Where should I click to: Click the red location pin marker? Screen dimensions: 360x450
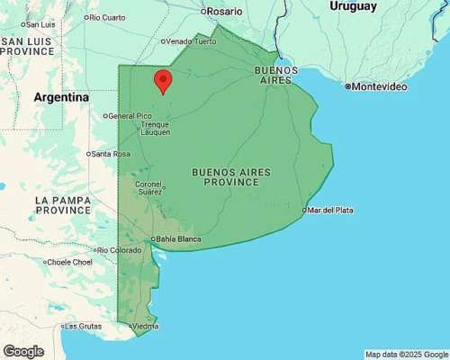[x=163, y=80]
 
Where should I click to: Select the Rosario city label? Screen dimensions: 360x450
[x=224, y=12]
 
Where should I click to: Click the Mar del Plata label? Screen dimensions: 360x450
[x=330, y=210]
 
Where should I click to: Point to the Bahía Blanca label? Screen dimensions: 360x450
[x=177, y=238]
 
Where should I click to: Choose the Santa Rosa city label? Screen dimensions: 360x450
[x=111, y=154]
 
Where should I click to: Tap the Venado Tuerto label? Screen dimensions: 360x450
[x=191, y=40]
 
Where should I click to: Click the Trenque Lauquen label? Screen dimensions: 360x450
[x=156, y=129]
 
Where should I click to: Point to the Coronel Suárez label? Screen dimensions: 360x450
[x=149, y=187]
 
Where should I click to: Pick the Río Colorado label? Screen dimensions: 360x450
[x=120, y=249]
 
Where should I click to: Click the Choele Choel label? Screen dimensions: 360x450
[x=69, y=262]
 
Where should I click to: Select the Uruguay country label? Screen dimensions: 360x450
[x=352, y=6]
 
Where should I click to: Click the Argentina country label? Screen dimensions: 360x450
[x=61, y=96]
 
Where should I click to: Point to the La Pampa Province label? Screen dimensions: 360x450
[x=63, y=204]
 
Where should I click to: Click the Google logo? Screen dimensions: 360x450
[x=23, y=351]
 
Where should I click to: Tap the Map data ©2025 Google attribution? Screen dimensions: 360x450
[x=406, y=354]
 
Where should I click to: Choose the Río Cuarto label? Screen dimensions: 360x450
[x=106, y=17]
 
